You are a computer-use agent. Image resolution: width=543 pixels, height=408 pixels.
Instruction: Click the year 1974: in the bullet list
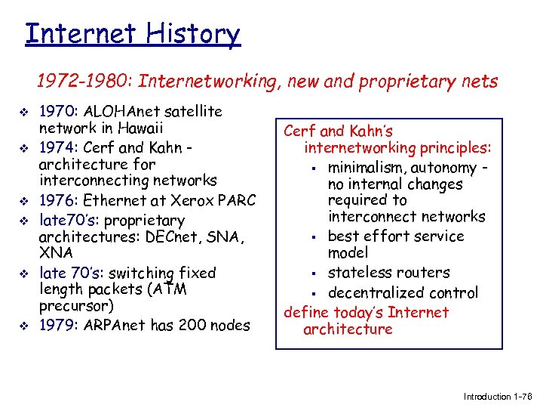60,147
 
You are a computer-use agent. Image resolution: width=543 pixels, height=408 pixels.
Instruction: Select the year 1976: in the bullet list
60,201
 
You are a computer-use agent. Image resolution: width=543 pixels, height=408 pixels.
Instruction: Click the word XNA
56,253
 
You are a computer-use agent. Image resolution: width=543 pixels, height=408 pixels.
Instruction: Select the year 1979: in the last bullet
60,325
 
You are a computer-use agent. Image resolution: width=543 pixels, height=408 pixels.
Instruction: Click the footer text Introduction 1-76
497,397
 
